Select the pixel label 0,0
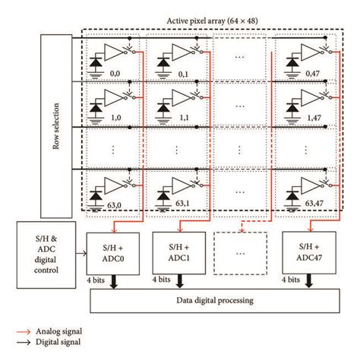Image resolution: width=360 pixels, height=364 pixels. point(115,74)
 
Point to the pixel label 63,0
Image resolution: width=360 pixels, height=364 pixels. point(115,204)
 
